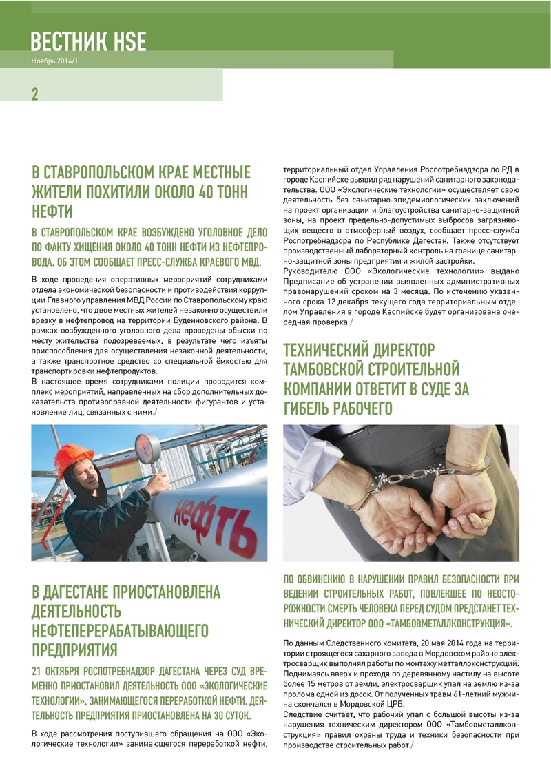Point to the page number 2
35,94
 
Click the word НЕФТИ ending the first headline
52,210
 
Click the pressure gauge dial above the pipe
147,448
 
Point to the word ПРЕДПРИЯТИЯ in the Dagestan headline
74,650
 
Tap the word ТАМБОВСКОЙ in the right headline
338,370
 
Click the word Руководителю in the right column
315,271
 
